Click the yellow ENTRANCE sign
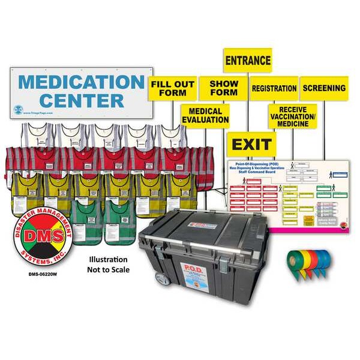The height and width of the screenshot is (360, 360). (248, 61)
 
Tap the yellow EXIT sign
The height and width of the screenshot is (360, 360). (251, 145)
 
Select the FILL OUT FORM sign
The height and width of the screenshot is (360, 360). (172, 88)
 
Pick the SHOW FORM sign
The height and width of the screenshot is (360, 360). (224, 88)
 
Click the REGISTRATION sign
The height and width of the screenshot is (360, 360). (274, 88)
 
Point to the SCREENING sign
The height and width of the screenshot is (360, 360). (324, 88)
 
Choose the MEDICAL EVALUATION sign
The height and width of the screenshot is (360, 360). (205, 116)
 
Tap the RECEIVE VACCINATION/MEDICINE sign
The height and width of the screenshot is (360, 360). (292, 116)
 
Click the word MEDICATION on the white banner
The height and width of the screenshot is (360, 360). (81, 81)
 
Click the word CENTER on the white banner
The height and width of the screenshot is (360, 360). (81, 100)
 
